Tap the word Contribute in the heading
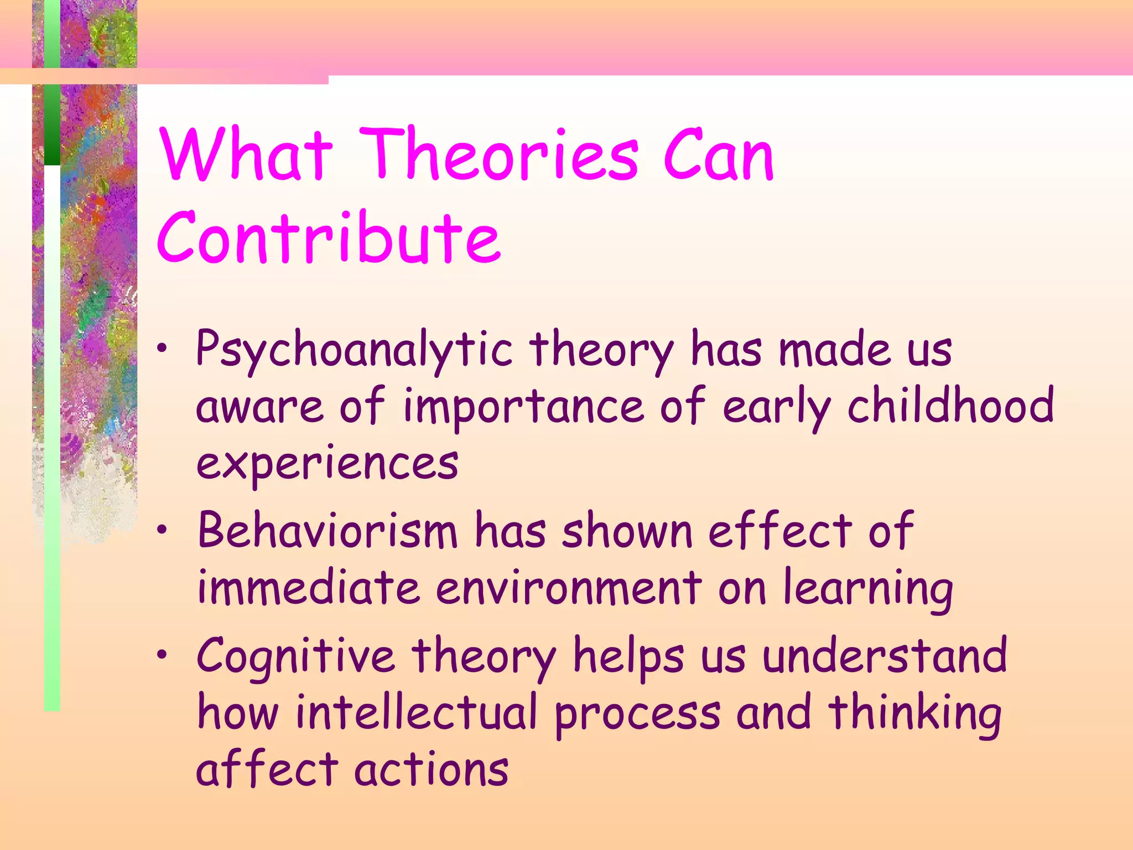(329, 238)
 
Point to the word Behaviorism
(328, 531)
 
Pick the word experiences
(328, 464)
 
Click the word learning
(869, 589)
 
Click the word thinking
(915, 714)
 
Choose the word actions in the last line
(432, 770)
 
